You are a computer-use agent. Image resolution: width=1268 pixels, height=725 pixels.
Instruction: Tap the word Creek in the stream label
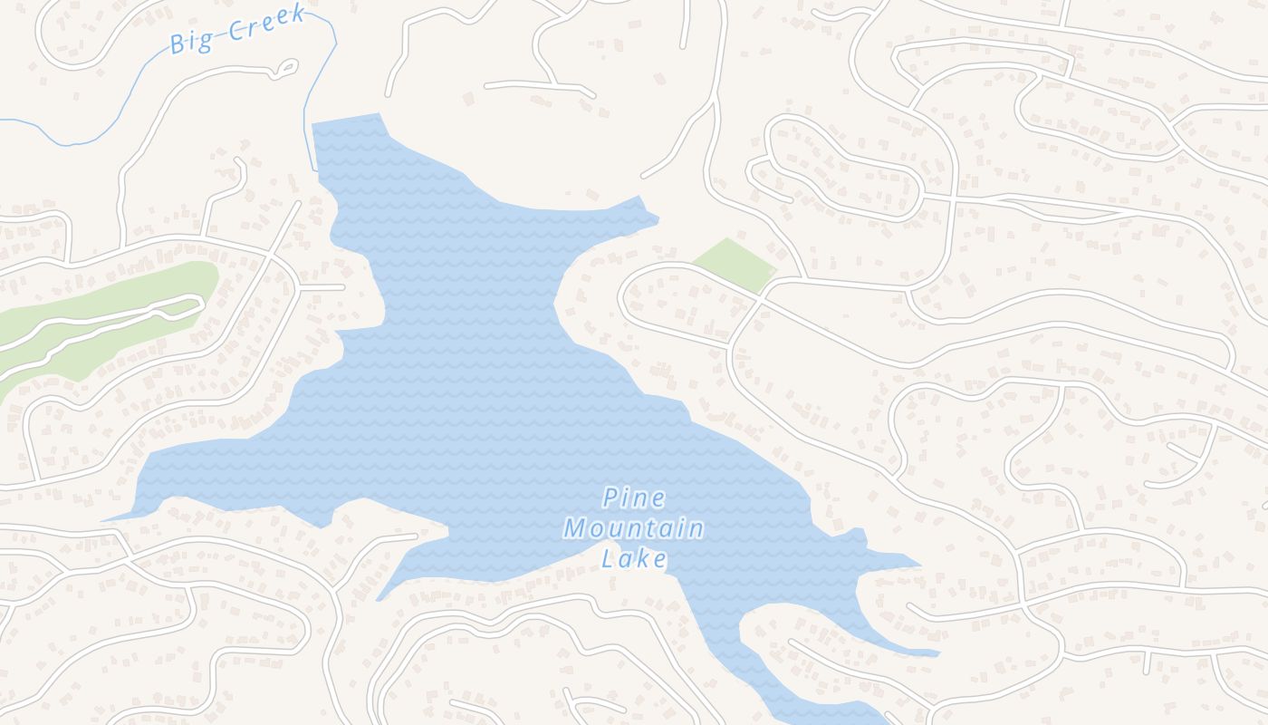pyautogui.click(x=265, y=24)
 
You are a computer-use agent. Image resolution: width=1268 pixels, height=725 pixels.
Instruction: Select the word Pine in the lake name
pyautogui.click(x=634, y=498)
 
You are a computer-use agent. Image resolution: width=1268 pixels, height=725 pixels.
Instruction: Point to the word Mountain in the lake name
pyautogui.click(x=634, y=528)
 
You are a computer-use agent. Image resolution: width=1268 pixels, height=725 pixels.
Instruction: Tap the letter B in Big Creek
pyautogui.click(x=178, y=43)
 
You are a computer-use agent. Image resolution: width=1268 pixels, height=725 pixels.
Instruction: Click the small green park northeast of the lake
pyautogui.click(x=735, y=264)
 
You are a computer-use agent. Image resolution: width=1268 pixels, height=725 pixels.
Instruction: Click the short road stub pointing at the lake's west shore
pyautogui.click(x=343, y=287)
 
